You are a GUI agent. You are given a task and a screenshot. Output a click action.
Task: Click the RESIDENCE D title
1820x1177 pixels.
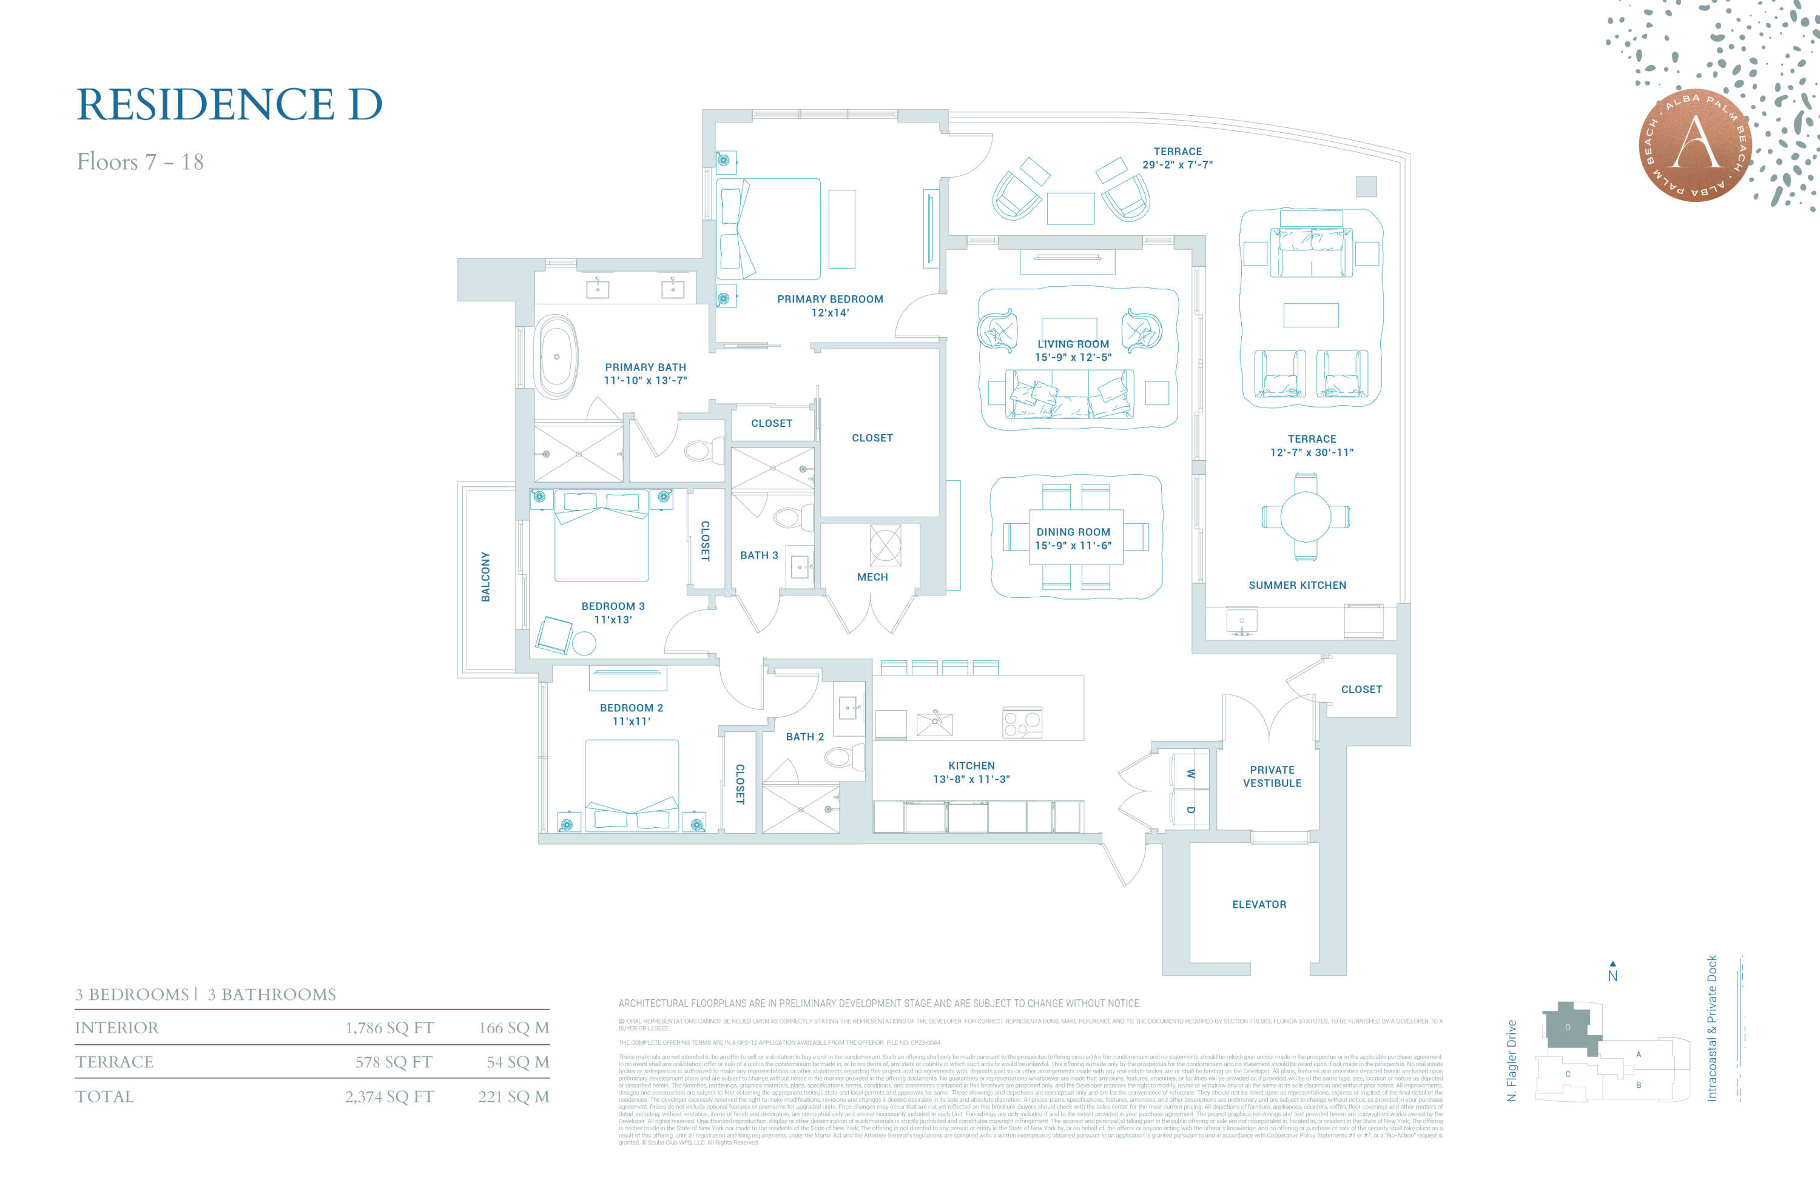pos(229,105)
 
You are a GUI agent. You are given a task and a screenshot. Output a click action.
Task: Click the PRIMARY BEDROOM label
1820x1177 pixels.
pos(830,300)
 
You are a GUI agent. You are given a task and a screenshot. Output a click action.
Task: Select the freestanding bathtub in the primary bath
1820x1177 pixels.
pos(556,357)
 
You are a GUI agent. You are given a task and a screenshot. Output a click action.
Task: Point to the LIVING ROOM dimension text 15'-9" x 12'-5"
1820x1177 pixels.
pos(1073,358)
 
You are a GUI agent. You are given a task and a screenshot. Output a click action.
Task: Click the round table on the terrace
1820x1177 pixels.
pos(1306,517)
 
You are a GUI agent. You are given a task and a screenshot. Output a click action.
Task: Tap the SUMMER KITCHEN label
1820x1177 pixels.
pos(1297,585)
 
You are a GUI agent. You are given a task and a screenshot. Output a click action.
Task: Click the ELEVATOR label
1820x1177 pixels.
pos(1259,904)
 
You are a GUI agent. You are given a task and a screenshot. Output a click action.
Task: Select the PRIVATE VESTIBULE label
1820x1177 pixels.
pos(1272,777)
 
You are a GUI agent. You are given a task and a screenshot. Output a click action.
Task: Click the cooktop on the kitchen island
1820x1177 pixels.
pos(1022,723)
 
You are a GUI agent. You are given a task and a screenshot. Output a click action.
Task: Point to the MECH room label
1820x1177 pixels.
pos(872,577)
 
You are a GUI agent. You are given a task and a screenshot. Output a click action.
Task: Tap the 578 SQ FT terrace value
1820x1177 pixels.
pos(393,1062)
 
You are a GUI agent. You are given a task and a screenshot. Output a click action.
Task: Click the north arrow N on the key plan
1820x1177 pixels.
pos(1612,972)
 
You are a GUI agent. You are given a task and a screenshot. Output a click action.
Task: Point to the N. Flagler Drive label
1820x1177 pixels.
pos(1511,1060)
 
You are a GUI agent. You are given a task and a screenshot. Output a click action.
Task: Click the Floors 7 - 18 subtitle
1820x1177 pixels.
pos(140,162)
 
